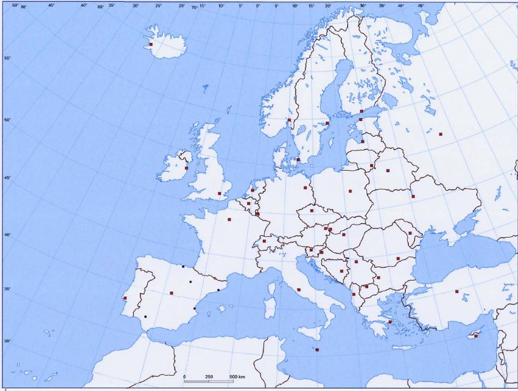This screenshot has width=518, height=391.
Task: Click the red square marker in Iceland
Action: [x=151, y=44]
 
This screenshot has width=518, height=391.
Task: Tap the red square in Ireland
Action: [x=186, y=168]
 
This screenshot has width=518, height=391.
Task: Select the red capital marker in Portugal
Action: [x=125, y=298]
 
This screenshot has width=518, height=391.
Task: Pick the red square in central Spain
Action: [x=171, y=293]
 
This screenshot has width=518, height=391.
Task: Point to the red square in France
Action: [x=229, y=219]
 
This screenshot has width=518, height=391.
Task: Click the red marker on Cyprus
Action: [x=476, y=336]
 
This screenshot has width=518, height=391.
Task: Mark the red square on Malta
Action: [x=317, y=350]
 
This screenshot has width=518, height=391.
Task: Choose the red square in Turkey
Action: [x=457, y=292]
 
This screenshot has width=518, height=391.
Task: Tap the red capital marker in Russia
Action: [x=441, y=134]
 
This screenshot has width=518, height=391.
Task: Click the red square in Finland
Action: [x=362, y=111]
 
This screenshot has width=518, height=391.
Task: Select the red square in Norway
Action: [x=289, y=120]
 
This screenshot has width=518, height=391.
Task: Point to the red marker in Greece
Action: [x=390, y=322]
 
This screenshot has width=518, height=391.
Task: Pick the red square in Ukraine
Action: [x=413, y=196]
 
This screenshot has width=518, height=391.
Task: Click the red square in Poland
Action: [x=350, y=191]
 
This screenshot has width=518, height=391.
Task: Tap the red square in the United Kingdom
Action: [x=219, y=193]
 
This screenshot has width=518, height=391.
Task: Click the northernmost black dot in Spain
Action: [x=183, y=266]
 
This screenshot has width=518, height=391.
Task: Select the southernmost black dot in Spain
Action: [x=146, y=317]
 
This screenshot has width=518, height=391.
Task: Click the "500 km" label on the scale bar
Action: [x=237, y=376]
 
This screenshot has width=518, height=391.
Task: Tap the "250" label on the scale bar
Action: [x=209, y=376]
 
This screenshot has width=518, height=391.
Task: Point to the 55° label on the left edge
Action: [x=7, y=58]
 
